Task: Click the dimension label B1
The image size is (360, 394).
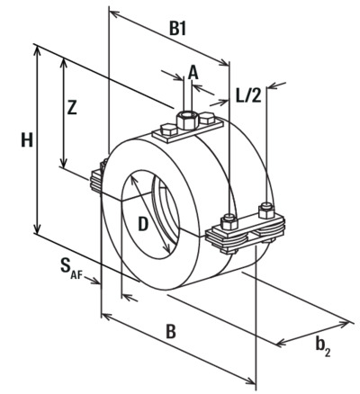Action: coord(178,29)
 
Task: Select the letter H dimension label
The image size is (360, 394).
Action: coord(27,140)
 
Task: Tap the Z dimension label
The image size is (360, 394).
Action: coord(72,108)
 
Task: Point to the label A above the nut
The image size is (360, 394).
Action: coord(193,73)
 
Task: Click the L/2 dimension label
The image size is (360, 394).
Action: coord(248,96)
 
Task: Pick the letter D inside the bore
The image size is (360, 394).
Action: coord(143,224)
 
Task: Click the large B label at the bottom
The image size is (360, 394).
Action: coord(170,332)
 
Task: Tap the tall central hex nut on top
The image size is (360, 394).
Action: coord(187,119)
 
